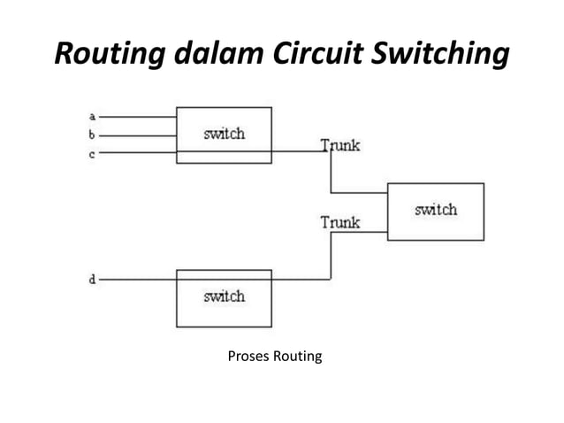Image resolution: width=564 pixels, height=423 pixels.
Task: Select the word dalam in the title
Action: [x=214, y=54]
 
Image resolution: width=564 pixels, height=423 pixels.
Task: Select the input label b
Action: [x=93, y=135]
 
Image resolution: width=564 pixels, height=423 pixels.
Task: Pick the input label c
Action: [x=93, y=154]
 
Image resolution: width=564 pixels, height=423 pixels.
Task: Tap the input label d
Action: [x=93, y=280]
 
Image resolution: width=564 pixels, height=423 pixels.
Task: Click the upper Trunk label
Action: [x=339, y=145]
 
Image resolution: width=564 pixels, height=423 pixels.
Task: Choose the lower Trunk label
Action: [x=339, y=222]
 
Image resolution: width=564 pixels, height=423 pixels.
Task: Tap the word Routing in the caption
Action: [x=297, y=358]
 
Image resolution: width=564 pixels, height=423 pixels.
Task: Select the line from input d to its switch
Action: [x=137, y=280]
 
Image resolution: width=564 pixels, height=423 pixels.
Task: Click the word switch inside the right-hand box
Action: [x=435, y=210]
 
